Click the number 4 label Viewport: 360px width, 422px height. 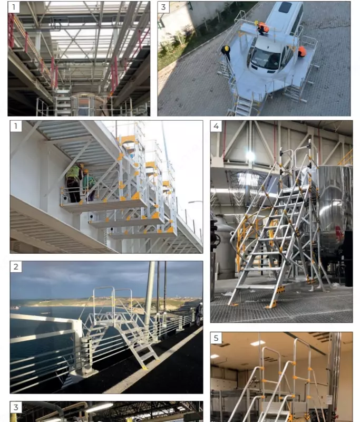pyautogui.click(x=216, y=126)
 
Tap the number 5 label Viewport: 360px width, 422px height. pyautogui.click(x=216, y=338)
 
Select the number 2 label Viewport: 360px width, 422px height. pyautogui.click(x=16, y=267)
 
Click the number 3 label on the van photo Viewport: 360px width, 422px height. pyautogui.click(x=163, y=7)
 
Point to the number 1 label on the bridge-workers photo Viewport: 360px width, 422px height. pyautogui.click(x=16, y=126)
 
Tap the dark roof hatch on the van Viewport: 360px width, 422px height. pyautogui.click(x=285, y=7)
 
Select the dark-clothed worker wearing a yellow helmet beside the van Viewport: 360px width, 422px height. pyautogui.click(x=226, y=52)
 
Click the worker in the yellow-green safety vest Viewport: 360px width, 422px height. pyautogui.click(x=74, y=183)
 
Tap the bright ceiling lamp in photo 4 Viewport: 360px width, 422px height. pyautogui.click(x=250, y=156)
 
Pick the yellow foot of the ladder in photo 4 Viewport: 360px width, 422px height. pyautogui.click(x=271, y=305)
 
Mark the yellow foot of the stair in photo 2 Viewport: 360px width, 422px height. pyautogui.click(x=144, y=367)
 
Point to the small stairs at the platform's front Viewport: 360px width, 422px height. pyautogui.click(x=244, y=105)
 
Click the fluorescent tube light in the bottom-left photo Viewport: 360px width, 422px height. pyautogui.click(x=100, y=408)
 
